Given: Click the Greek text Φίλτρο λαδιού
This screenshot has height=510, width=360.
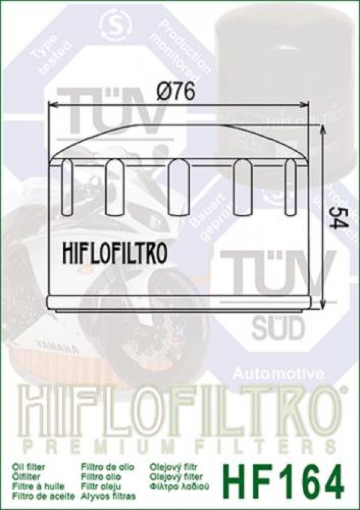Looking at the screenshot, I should pos(181,487).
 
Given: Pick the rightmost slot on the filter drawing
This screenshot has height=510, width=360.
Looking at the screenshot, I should pos(290,186).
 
